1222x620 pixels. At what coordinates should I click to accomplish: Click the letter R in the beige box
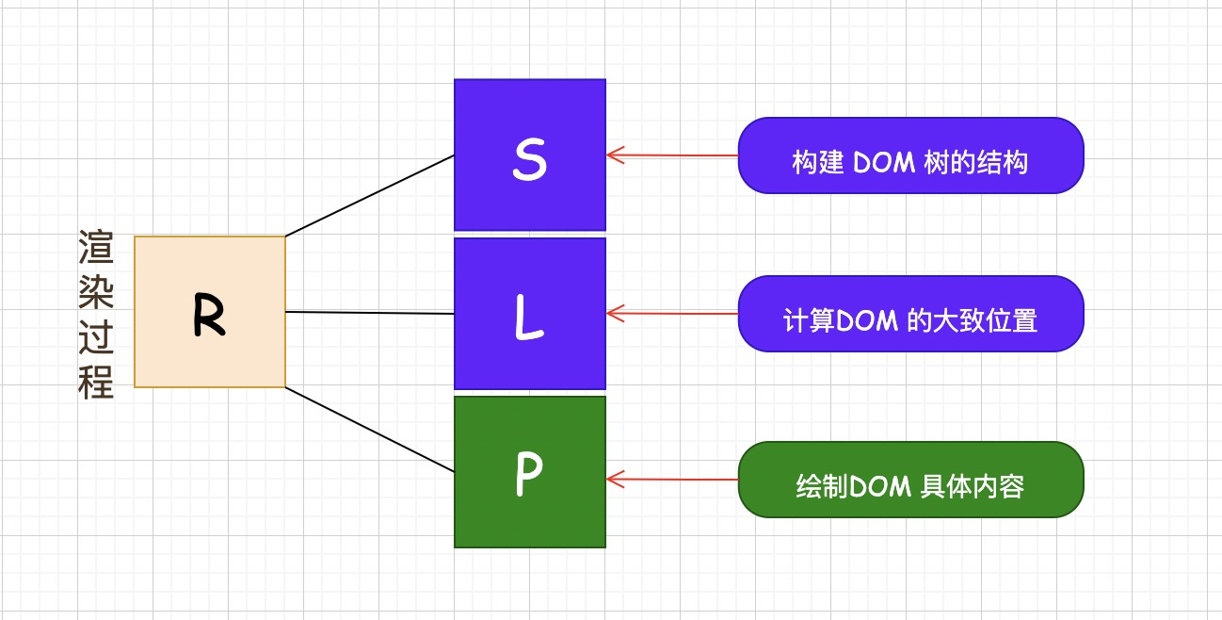coord(210,315)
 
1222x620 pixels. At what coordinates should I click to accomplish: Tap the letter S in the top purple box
coord(529,159)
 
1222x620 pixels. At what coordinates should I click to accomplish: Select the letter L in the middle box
coord(529,318)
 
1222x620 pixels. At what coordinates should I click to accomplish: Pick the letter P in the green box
coord(529,474)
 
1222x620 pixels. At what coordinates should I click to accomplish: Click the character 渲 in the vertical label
coord(96,247)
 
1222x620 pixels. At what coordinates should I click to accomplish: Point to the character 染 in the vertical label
coord(96,291)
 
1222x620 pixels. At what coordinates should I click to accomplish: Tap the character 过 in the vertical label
coord(96,336)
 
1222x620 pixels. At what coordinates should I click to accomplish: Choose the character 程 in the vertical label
coord(96,382)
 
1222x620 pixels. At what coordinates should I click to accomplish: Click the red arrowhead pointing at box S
coord(616,155)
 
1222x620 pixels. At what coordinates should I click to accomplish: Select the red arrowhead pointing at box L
coord(616,313)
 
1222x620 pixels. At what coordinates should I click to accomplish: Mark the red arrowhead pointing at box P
coord(616,480)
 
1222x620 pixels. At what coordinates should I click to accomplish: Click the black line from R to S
coord(370,196)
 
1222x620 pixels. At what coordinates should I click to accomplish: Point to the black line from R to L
coord(370,313)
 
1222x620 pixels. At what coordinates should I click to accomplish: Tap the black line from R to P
coord(370,430)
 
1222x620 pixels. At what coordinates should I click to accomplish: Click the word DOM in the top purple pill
coord(884,163)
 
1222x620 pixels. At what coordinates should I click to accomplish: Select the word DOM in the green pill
coord(880,486)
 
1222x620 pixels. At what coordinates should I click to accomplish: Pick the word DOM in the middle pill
coord(867,321)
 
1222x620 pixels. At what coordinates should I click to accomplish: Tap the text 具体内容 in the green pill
coord(973,486)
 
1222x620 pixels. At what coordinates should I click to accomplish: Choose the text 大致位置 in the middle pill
coord(986,321)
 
